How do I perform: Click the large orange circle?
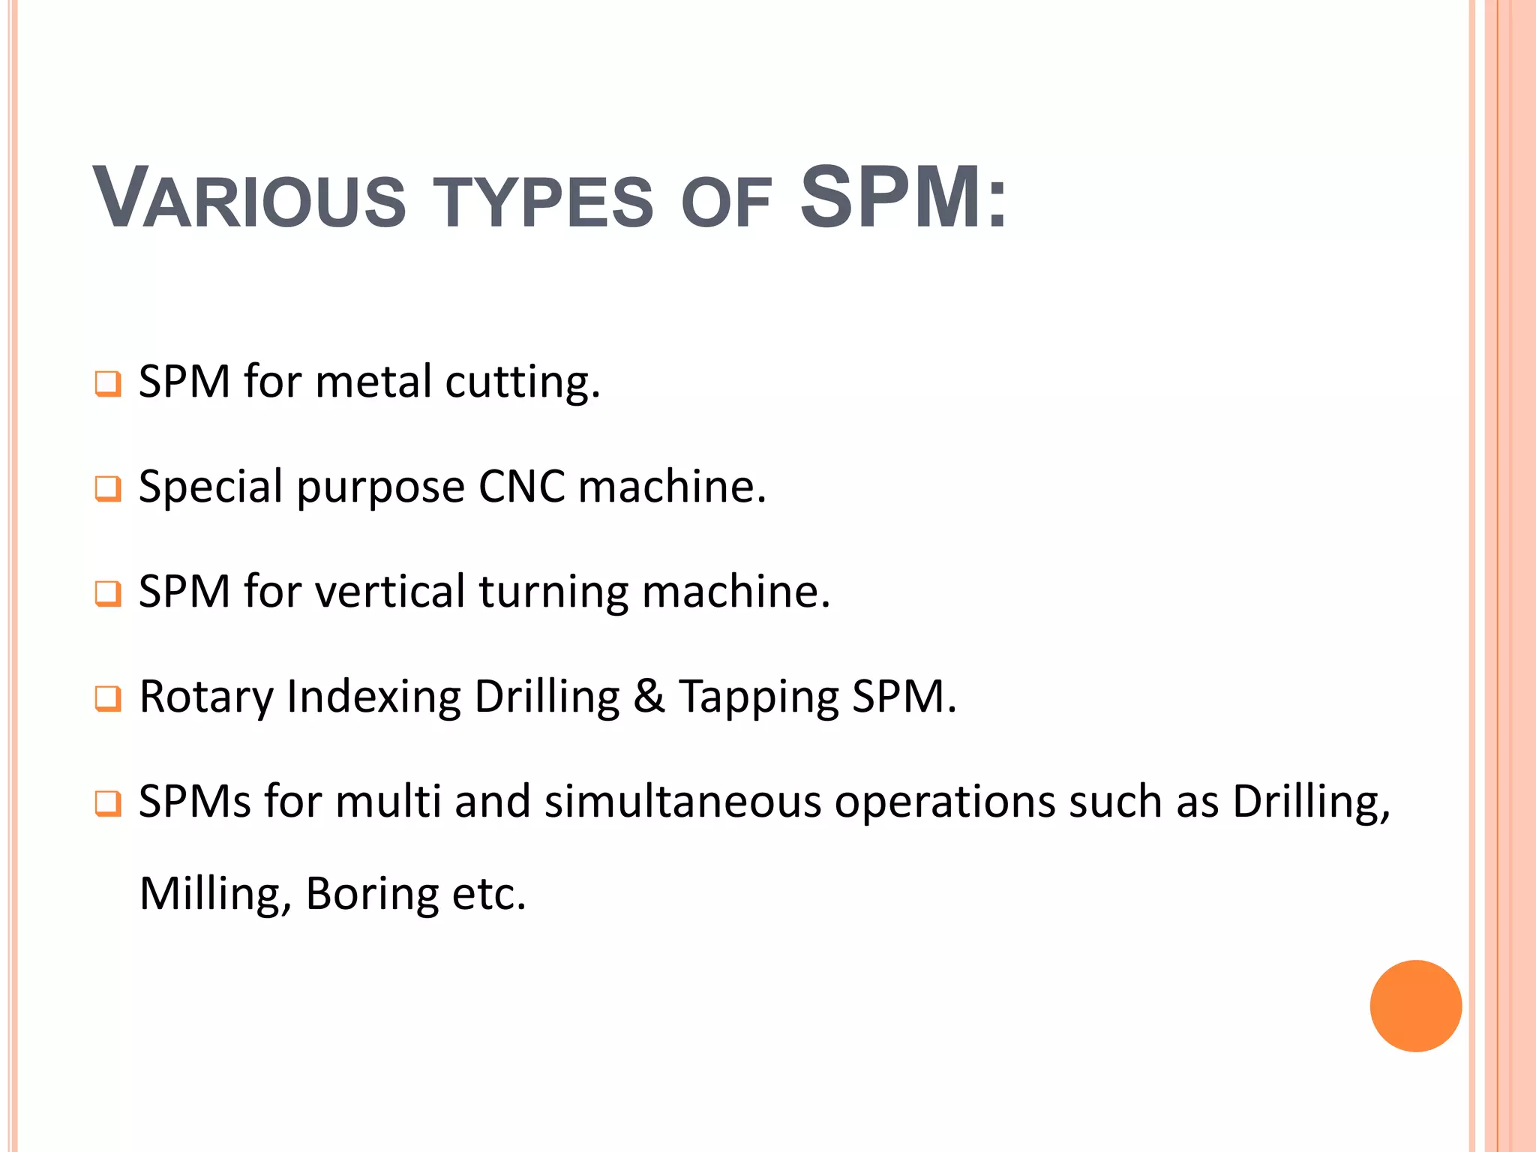click(1415, 1006)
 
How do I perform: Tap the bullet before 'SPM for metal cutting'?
click(107, 384)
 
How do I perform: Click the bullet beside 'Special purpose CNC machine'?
click(107, 489)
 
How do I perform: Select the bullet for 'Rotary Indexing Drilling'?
click(107, 699)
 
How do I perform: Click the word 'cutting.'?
click(523, 382)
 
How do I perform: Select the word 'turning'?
click(553, 592)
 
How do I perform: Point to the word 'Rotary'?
click(206, 697)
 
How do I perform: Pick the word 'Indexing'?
click(373, 697)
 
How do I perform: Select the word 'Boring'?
click(372, 894)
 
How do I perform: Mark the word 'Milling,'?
click(215, 894)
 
